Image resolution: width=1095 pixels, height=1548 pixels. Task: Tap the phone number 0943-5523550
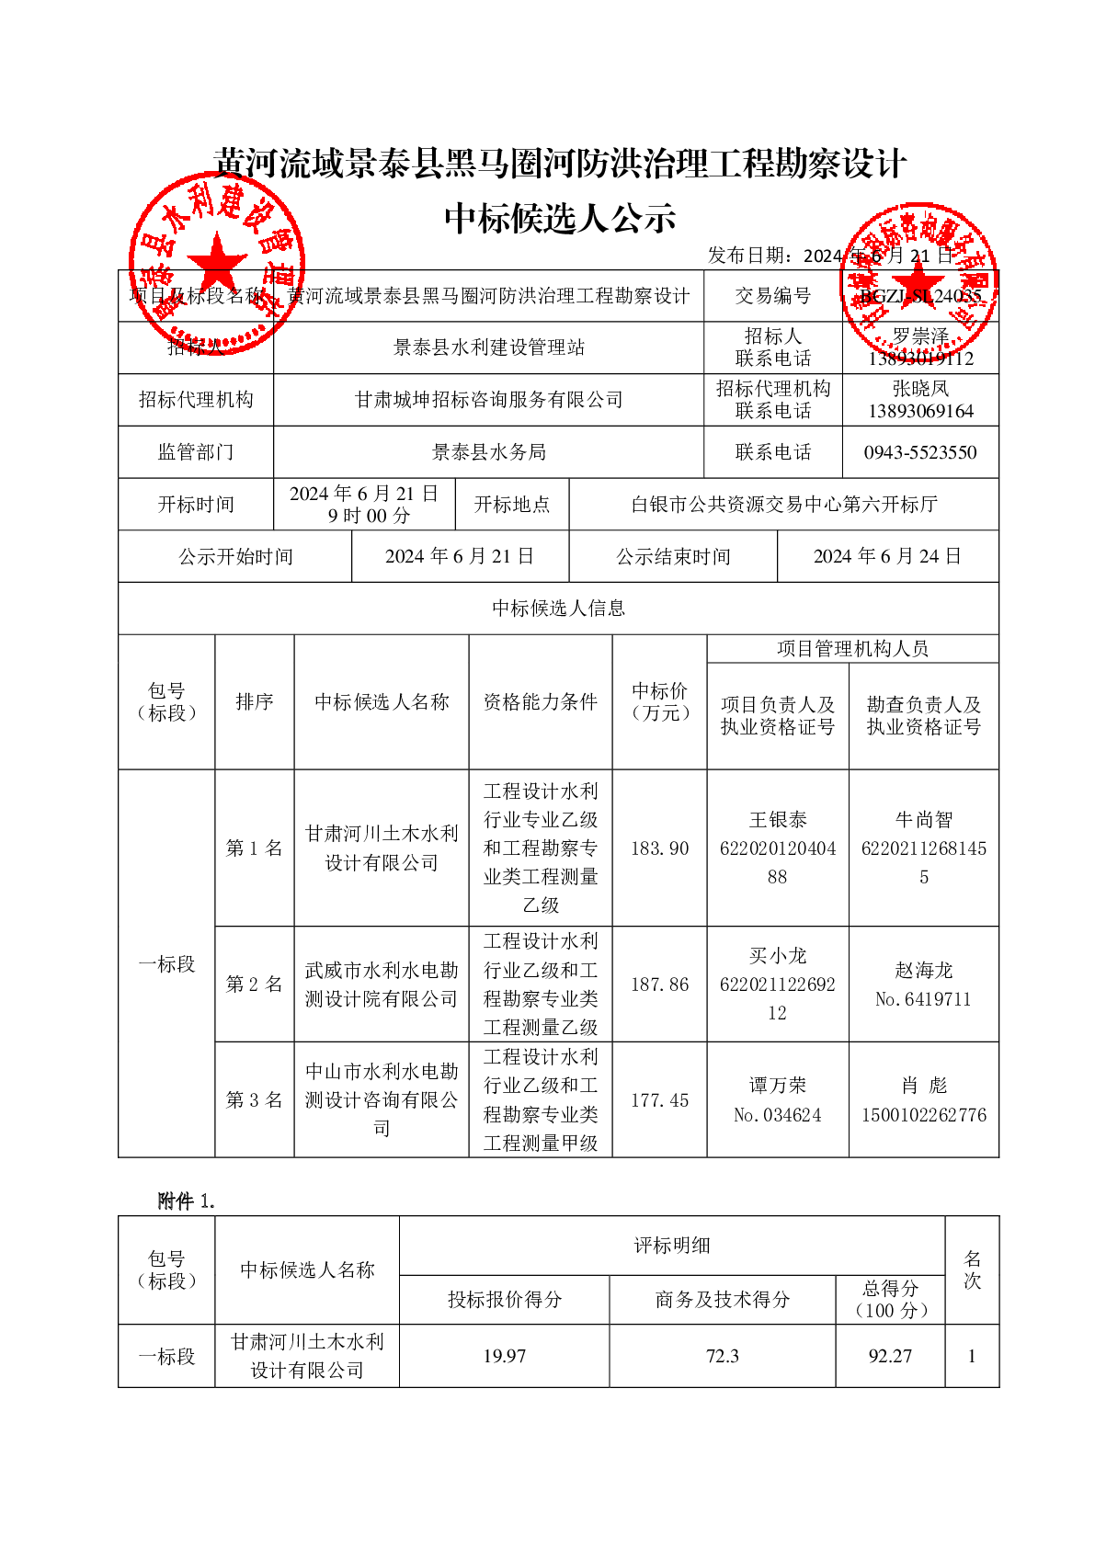coord(919,452)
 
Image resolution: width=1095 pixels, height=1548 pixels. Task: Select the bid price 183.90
coord(659,848)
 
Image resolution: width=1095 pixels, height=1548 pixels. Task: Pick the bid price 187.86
coord(659,985)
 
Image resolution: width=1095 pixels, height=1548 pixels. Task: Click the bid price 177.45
coord(659,1100)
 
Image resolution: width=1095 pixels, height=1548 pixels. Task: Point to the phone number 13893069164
coord(920,411)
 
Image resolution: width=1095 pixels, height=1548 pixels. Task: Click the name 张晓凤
coord(920,389)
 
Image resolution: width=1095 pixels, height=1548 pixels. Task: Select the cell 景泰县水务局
coord(488,452)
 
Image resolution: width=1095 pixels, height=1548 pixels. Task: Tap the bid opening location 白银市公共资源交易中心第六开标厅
coord(783,505)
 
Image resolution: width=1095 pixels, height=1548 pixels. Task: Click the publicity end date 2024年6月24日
coord(887,556)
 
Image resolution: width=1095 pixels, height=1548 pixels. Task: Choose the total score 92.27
coord(890,1356)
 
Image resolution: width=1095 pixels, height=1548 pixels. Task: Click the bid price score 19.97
coord(504,1356)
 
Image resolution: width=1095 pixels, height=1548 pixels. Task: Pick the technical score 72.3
coord(722,1356)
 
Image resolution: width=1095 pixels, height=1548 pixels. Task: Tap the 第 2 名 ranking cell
coord(254,985)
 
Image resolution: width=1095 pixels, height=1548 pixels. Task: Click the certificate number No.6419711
coord(923,999)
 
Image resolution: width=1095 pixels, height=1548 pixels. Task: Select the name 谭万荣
coord(777,1086)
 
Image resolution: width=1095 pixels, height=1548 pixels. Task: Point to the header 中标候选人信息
coord(558,608)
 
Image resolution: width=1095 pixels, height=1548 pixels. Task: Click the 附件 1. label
coord(186,1201)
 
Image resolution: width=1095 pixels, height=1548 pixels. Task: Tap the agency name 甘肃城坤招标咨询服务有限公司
coord(488,400)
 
